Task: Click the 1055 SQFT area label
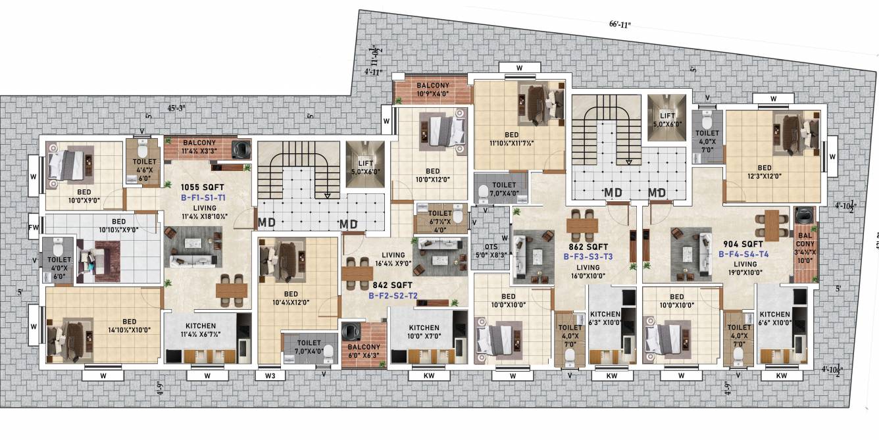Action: coord(202,187)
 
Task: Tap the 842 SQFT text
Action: coord(393,285)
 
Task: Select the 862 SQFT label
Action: coord(588,247)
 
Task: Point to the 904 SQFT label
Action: coord(743,244)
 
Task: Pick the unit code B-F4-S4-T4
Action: coord(743,254)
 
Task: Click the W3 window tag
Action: coord(269,376)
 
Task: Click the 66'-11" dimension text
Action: coord(620,24)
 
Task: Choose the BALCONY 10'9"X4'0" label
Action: coord(432,89)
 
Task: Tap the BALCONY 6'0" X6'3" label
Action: coord(363,351)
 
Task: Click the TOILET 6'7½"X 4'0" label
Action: coord(439,217)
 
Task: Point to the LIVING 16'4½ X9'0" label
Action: coord(393,259)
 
